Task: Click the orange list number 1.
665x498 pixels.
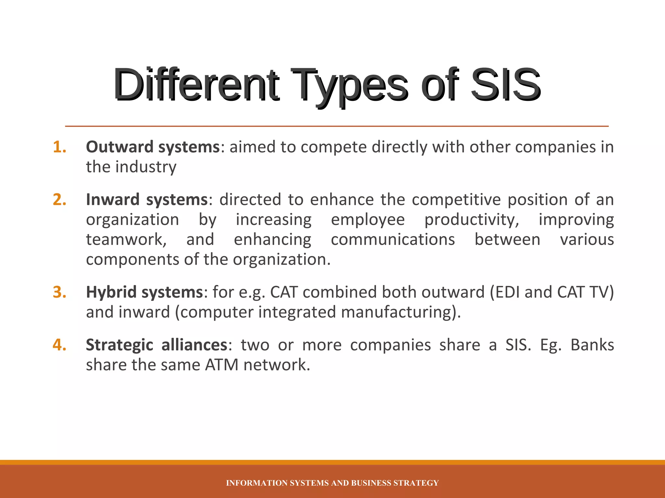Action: click(x=59, y=147)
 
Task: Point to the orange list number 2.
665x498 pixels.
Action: click(x=59, y=199)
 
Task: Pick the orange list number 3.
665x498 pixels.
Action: click(x=59, y=292)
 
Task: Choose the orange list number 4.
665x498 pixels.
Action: click(x=59, y=345)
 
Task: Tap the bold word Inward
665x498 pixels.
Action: click(x=112, y=199)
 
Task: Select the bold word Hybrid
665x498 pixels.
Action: click(x=111, y=292)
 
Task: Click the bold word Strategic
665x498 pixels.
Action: click(x=119, y=345)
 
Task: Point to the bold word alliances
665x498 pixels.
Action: click(x=194, y=345)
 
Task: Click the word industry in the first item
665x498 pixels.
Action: click(x=146, y=167)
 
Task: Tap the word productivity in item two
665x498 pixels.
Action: click(x=472, y=220)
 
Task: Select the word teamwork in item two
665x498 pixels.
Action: click(x=126, y=240)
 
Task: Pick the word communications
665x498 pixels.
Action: click(x=393, y=240)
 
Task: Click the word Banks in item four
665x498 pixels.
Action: click(x=592, y=345)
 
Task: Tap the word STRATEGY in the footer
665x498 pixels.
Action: click(x=416, y=483)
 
